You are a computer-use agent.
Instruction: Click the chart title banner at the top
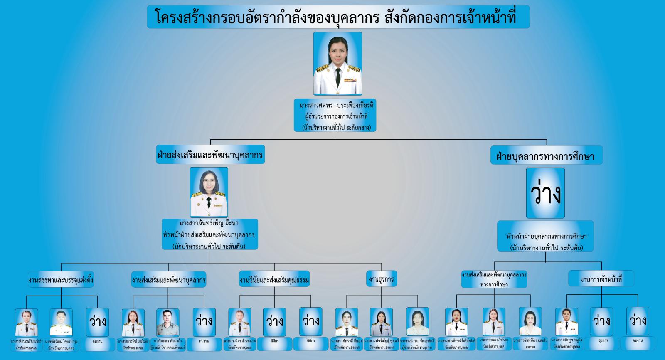[x=338, y=17]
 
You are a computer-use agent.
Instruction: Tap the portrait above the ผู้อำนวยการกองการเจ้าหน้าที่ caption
[x=337, y=63]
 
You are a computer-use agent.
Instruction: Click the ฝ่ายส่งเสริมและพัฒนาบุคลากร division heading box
[x=210, y=155]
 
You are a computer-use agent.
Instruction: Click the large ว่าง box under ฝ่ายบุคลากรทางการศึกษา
[x=545, y=193]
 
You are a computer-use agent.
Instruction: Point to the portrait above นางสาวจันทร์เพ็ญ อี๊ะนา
[x=209, y=192]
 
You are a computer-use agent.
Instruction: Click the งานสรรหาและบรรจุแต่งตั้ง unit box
[x=61, y=280]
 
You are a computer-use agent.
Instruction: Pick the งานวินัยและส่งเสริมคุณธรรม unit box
[x=275, y=280]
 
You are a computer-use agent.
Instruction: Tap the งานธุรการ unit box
[x=381, y=279]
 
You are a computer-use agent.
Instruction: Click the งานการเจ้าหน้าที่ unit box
[x=601, y=279]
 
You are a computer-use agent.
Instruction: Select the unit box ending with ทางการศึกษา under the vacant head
[x=494, y=279]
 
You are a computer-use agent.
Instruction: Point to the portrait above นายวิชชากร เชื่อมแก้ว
[x=168, y=322]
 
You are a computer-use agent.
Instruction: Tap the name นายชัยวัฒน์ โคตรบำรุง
[x=61, y=342]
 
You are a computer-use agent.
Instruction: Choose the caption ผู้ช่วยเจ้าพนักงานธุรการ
[x=417, y=348]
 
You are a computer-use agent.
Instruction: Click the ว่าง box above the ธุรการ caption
[x=601, y=321]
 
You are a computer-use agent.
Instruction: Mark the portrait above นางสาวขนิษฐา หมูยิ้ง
[x=566, y=322]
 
